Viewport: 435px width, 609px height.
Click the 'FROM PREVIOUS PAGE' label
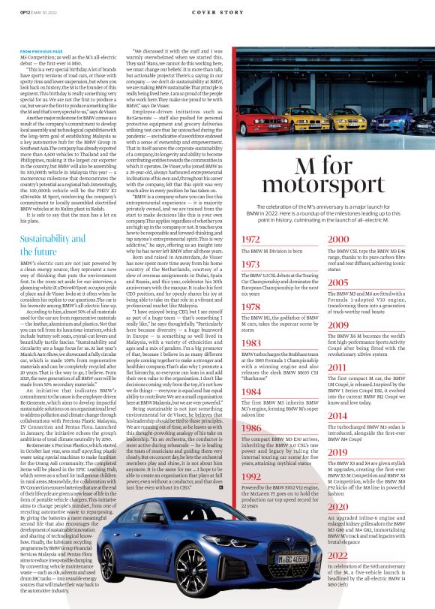(x=42, y=50)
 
